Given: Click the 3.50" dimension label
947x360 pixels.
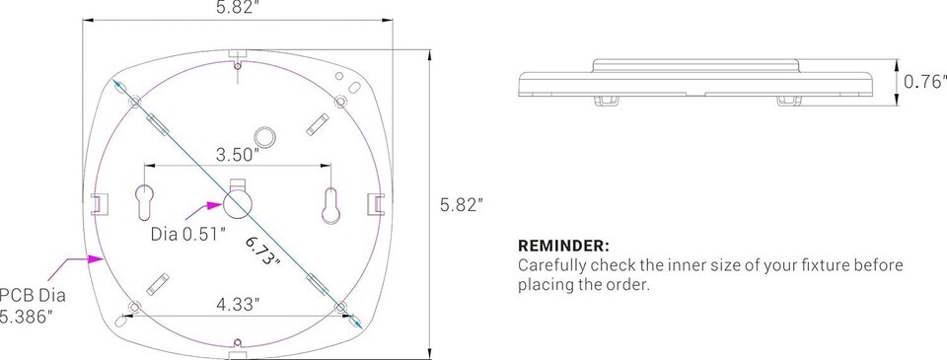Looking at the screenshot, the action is point(238,154).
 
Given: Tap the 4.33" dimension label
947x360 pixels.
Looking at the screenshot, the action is point(238,305).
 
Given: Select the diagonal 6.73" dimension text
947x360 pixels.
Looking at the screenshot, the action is point(263,251).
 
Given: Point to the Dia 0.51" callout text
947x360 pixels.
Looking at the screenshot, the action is point(188,235).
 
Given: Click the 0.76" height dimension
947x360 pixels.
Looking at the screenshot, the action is point(924,82).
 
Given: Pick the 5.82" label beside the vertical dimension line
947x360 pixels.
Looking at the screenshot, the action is point(462,205).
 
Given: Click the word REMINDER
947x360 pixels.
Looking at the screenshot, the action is point(563,247).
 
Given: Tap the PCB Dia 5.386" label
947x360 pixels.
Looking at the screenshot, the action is point(32,306).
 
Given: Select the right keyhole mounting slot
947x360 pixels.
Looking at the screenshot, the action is point(331,205).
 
